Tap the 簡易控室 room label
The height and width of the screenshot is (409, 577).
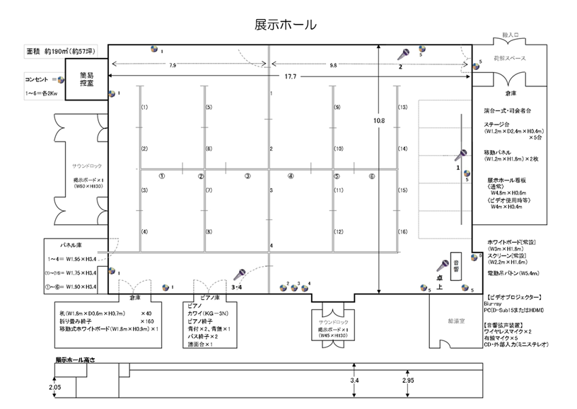[x=88, y=79]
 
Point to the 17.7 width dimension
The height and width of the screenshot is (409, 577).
[x=290, y=76]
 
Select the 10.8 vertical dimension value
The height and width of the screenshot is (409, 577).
[x=379, y=121]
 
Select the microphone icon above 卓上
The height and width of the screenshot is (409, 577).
[x=443, y=266]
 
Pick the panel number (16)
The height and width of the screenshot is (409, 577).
[x=402, y=232]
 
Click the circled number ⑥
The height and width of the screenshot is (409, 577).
[x=371, y=176]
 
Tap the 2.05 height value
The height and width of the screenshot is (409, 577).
[x=55, y=387]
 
